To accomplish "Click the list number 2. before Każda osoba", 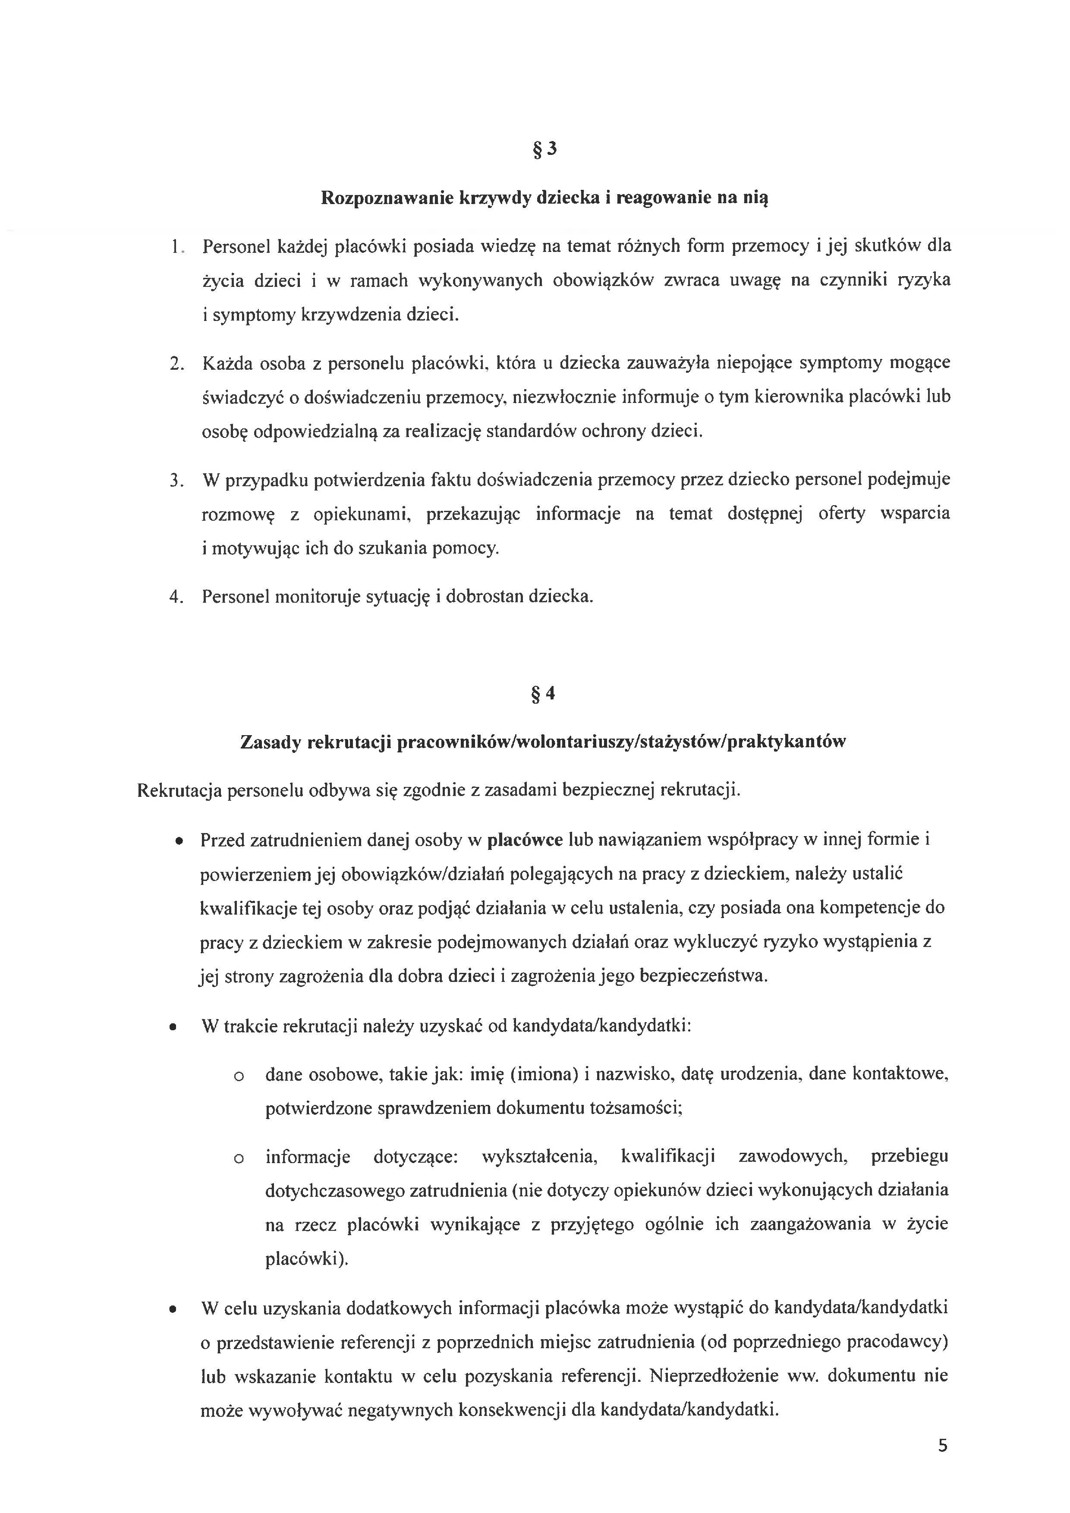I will click(176, 364).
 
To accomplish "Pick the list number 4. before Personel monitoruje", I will click(176, 597).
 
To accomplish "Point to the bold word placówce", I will click(525, 840).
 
